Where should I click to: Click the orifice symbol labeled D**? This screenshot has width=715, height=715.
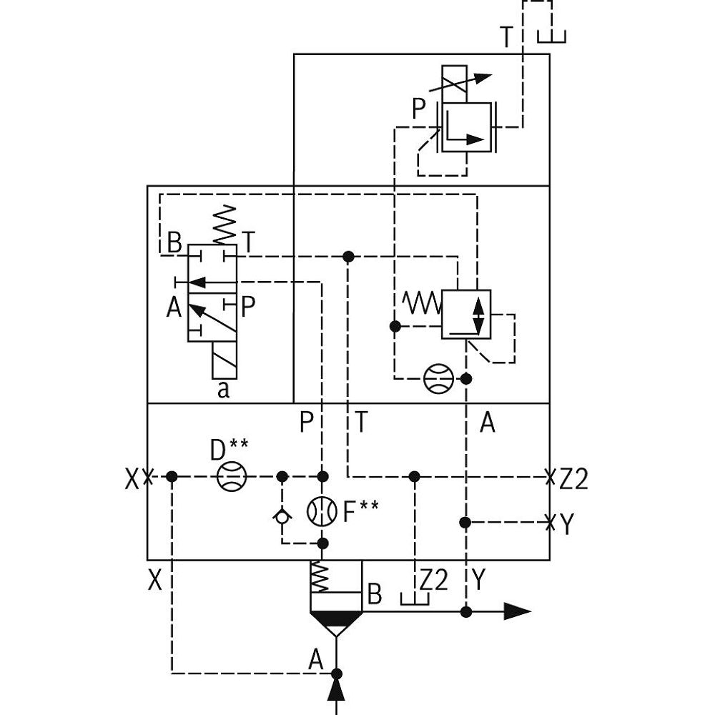coord(231,476)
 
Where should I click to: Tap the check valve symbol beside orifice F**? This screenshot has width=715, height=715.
coord(282,516)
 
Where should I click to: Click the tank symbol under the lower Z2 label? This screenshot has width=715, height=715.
coord(415,599)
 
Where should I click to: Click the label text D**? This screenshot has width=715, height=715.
coord(229,450)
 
